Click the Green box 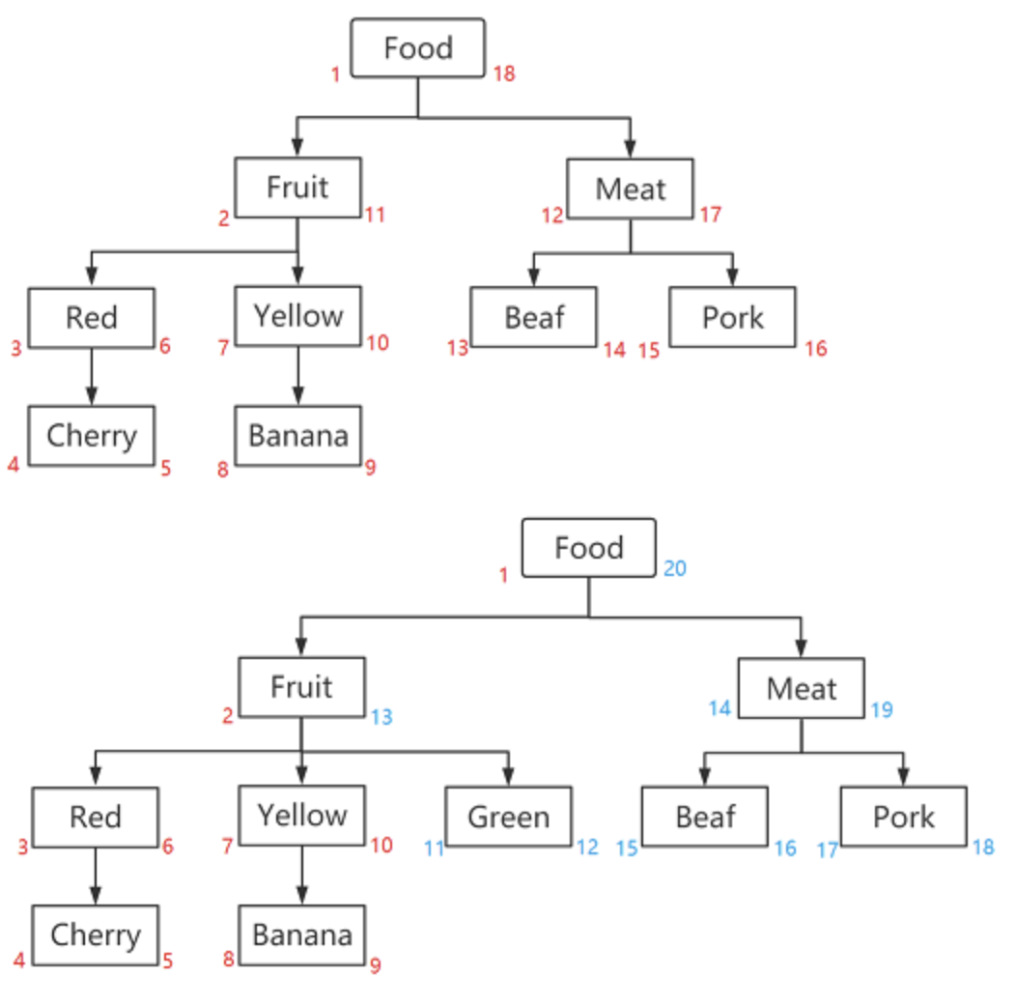(x=508, y=817)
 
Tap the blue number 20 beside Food (x=674, y=568)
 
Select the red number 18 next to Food (x=504, y=73)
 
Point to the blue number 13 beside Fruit (x=381, y=717)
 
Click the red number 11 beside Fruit (x=375, y=215)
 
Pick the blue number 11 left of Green (x=434, y=848)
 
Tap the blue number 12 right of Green (x=587, y=847)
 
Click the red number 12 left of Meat (x=551, y=215)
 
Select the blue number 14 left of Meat (x=720, y=708)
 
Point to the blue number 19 (x=881, y=710)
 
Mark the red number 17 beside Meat (x=711, y=215)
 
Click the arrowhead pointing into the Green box (x=508, y=776)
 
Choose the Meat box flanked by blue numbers (x=801, y=689)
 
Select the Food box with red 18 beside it (x=417, y=48)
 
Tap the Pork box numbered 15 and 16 (x=732, y=317)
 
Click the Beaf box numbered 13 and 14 (x=533, y=317)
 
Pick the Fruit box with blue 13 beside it (x=301, y=687)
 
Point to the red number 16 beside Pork (x=816, y=349)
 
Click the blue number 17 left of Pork (x=828, y=849)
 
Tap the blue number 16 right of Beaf (x=784, y=848)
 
